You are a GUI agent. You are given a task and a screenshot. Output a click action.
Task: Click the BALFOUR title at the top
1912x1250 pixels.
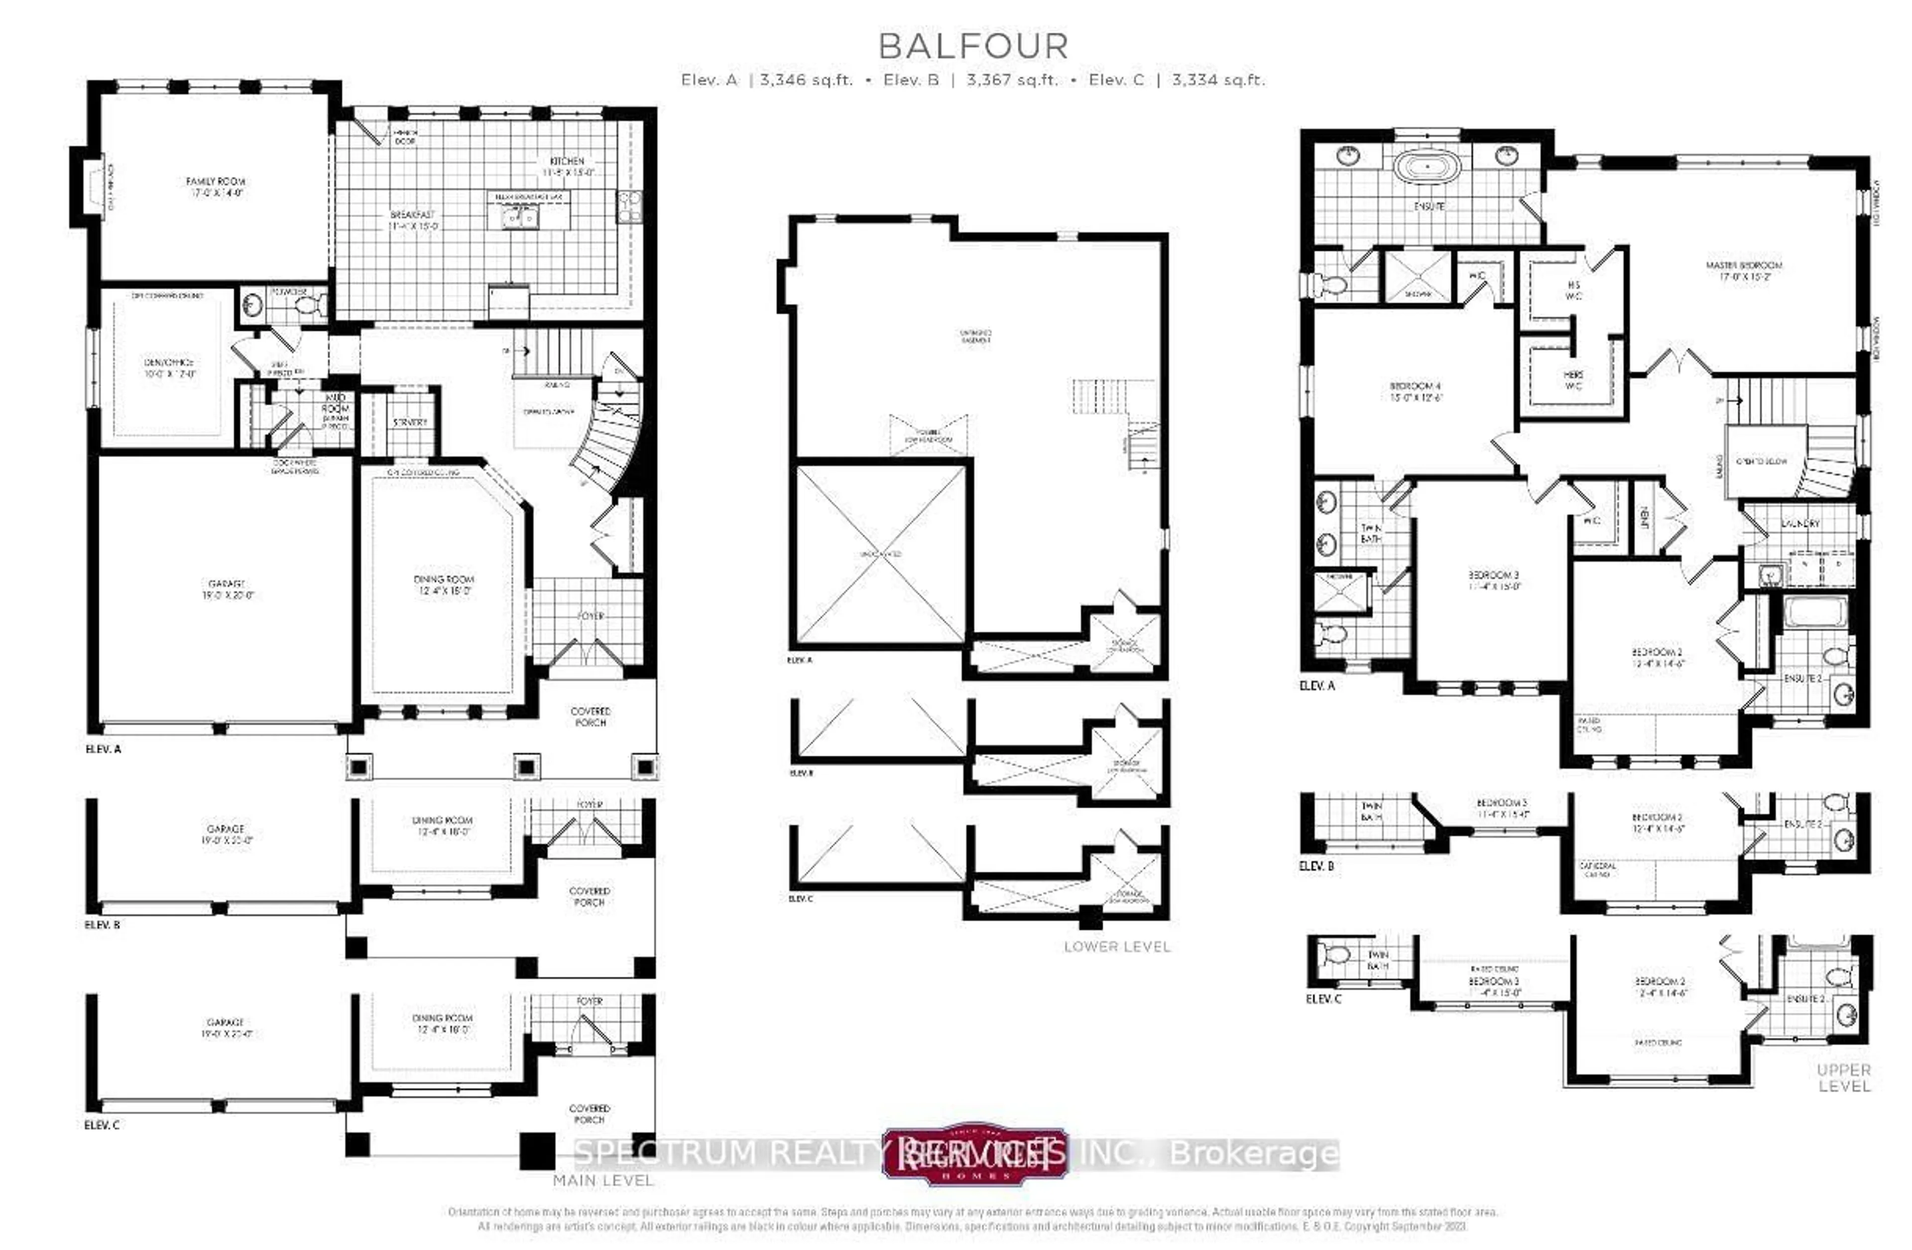tap(973, 47)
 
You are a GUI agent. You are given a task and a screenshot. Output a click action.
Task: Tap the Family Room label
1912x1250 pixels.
tap(215, 186)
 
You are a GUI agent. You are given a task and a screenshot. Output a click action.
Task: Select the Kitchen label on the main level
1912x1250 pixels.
tap(567, 166)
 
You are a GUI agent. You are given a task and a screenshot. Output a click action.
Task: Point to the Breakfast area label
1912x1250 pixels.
tap(413, 220)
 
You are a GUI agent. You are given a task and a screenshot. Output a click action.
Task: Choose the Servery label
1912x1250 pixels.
tap(410, 422)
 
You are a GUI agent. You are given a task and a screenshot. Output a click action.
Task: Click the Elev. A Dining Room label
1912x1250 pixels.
tap(444, 584)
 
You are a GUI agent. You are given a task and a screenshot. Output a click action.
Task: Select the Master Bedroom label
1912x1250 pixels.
tap(1744, 270)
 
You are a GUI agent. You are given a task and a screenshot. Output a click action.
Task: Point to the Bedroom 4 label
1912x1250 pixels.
tap(1416, 391)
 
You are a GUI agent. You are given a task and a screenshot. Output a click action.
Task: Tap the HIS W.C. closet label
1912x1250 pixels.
tap(1573, 290)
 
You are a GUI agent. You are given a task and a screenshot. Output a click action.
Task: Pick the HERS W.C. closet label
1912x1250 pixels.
tap(1573, 380)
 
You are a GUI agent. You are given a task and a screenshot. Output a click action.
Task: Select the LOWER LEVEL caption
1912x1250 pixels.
tap(1117, 946)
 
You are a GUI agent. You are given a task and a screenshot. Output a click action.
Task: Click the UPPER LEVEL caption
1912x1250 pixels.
tap(1844, 1077)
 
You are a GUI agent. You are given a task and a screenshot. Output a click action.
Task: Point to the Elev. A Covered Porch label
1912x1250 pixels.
tap(591, 716)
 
